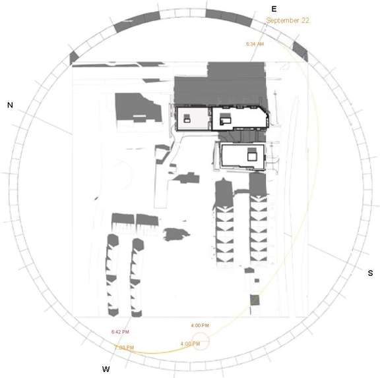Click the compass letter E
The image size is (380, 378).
pos(274,9)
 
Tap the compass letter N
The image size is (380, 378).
pos(10,105)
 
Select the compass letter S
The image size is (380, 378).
pos(370,273)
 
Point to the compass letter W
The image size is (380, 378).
pos(106,369)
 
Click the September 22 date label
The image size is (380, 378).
pos(288,20)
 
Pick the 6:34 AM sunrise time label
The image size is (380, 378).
pos(255,44)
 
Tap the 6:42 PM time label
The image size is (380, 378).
pos(121,331)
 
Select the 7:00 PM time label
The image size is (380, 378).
pos(123,347)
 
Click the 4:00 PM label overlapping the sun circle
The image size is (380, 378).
pos(190,344)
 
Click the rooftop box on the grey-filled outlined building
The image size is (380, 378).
pos(188,119)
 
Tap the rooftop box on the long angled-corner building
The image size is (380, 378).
pos(226,119)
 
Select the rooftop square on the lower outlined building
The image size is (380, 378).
pos(251,155)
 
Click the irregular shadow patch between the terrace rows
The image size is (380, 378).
pos(175,234)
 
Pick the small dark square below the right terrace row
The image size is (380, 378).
pos(255,300)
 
